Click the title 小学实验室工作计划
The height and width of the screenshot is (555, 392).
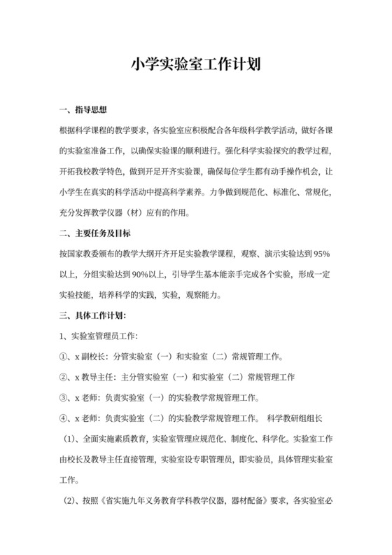coord(196,65)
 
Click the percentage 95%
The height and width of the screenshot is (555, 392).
coord(321,253)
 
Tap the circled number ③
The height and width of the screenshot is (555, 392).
coord(64,399)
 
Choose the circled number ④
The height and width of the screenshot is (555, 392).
coord(64,420)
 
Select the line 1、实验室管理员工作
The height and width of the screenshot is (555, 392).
coord(99,336)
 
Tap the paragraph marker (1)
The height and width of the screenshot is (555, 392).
coord(71,441)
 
